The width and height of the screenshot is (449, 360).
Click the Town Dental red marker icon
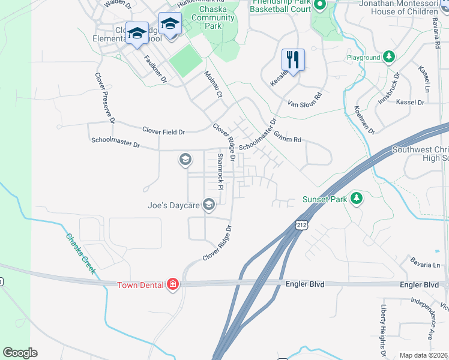click(x=173, y=284)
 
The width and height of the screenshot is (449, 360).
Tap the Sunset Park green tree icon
click(x=357, y=198)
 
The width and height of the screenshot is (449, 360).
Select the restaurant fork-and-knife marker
click(x=293, y=59)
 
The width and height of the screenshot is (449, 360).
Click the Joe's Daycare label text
click(x=173, y=205)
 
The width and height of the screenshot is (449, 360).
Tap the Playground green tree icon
click(x=389, y=57)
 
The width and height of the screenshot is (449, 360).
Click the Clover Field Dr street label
click(x=163, y=130)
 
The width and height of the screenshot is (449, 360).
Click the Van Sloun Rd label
click(x=306, y=98)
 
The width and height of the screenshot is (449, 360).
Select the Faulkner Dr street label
click(x=155, y=69)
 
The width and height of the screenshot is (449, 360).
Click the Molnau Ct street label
click(x=213, y=84)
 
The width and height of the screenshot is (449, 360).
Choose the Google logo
click(x=20, y=353)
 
